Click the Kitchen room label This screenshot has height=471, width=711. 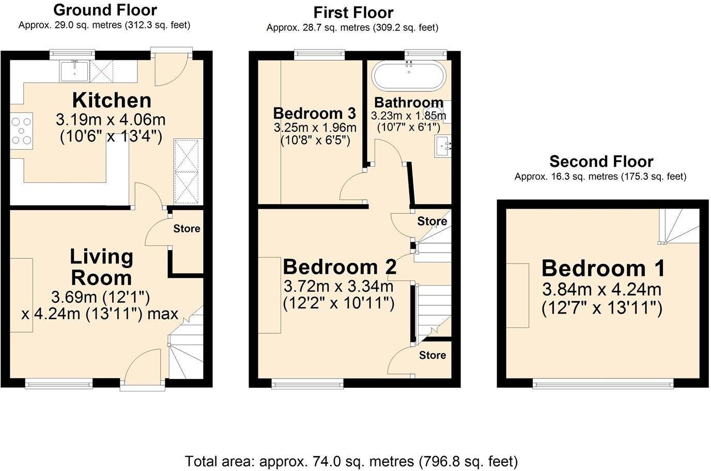111,100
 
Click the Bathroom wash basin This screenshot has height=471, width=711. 444,146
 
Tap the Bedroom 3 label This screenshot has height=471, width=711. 314,113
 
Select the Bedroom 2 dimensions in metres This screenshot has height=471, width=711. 338,286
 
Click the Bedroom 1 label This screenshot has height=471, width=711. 603,269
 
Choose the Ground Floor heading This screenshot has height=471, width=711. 105,9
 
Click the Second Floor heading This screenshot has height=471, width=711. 601,162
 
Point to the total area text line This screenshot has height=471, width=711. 351,461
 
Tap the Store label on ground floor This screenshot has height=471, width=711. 187,228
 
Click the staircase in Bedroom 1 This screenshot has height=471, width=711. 678,226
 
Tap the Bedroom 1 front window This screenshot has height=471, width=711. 603,383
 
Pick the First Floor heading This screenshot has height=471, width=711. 353,12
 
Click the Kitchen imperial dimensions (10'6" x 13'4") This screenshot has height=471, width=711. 111,137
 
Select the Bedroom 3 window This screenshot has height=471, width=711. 319,53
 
